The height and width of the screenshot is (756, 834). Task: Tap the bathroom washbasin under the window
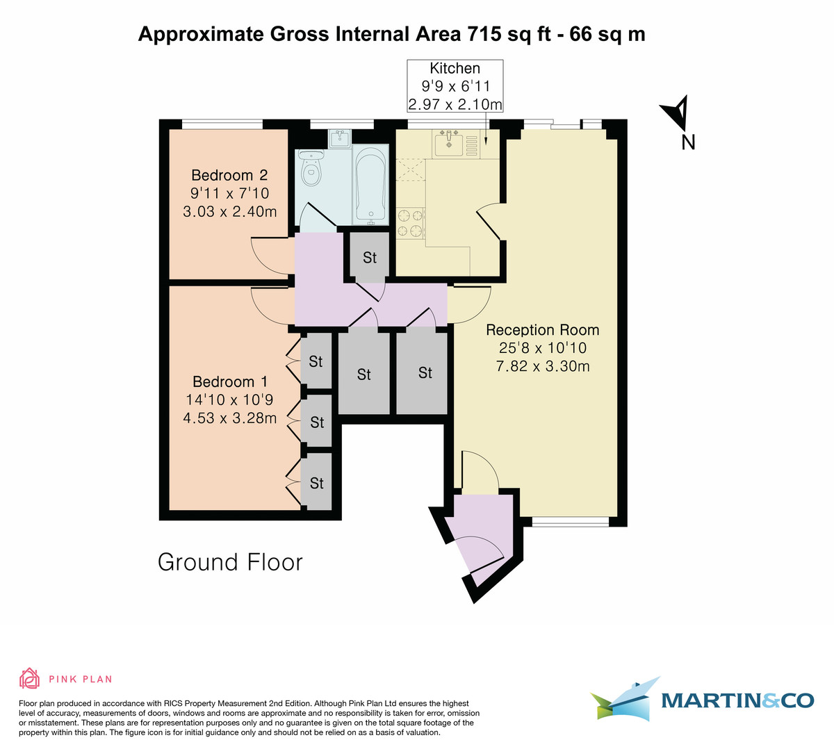[341, 138]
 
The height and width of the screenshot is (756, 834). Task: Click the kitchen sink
[450, 145]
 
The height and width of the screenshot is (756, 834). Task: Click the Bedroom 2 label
[229, 175]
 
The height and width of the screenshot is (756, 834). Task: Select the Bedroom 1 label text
[229, 381]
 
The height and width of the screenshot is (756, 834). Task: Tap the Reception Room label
[542, 329]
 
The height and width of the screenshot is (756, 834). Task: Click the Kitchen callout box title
[455, 68]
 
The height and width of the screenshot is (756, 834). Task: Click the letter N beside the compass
[688, 142]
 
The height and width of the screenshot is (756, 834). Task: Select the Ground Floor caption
[230, 561]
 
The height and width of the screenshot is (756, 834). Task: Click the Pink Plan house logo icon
[29, 678]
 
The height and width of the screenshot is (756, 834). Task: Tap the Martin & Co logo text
[737, 700]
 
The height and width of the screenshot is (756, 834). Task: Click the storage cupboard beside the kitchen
[369, 256]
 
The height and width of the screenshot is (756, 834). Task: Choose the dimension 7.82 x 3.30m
[542, 366]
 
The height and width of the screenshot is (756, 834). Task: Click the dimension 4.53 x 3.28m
[229, 418]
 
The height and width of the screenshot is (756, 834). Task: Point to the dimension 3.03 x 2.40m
[229, 211]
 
